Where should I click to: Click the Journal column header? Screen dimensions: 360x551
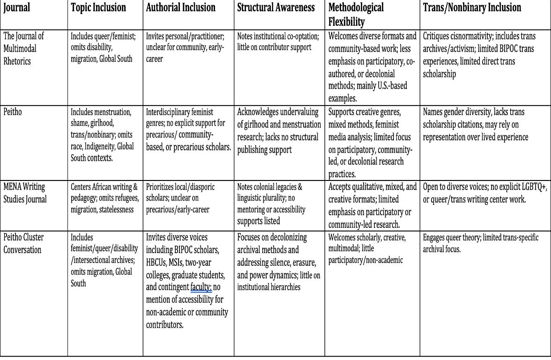click(x=17, y=8)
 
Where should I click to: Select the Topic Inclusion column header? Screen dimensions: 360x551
click(x=98, y=8)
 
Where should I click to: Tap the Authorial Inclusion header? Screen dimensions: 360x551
click(x=181, y=8)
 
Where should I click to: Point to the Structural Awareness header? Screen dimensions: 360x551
click(x=275, y=8)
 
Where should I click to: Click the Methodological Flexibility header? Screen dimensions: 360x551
click(x=356, y=14)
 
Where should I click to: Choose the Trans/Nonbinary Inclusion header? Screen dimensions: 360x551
click(x=472, y=8)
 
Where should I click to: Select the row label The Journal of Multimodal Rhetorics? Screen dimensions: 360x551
click(x=24, y=48)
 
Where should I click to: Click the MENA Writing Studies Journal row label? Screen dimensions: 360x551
click(x=25, y=193)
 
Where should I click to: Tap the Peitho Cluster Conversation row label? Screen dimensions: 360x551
click(x=24, y=243)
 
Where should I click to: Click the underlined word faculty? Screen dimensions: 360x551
click(x=201, y=287)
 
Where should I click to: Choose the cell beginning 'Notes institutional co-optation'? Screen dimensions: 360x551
click(x=278, y=42)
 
